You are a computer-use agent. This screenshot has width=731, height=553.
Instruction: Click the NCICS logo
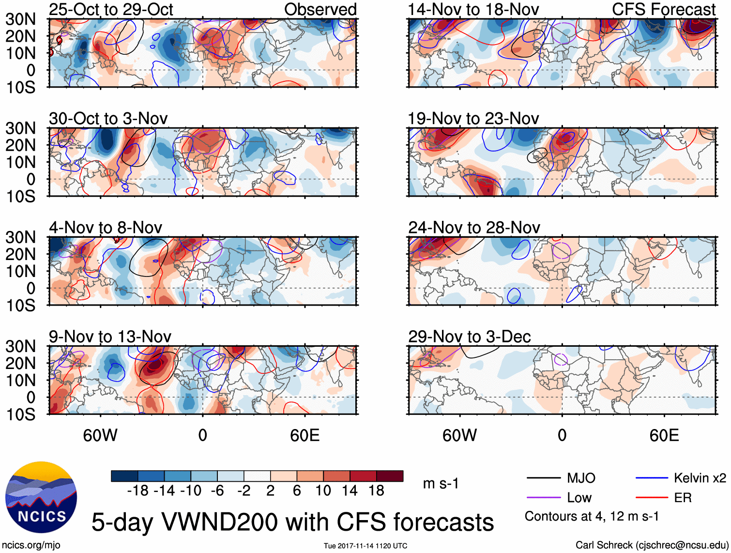point(41,497)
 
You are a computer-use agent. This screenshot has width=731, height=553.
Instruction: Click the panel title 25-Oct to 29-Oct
point(111,9)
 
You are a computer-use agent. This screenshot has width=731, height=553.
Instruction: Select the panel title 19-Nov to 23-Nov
point(473,118)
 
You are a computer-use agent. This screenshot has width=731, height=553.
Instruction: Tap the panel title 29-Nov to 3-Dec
point(469,337)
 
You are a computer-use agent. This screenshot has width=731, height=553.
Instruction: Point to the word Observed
point(320,9)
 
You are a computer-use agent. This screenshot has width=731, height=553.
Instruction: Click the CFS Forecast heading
point(663,9)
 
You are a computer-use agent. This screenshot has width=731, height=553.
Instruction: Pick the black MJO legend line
point(543,478)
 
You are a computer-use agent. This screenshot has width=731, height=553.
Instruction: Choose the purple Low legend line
point(543,497)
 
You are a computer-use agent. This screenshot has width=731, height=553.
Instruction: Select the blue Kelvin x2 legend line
point(652,478)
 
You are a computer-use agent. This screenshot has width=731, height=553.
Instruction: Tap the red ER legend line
point(652,497)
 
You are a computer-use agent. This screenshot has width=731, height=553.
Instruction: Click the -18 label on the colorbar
point(138,491)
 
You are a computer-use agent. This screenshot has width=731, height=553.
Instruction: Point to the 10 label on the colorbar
point(323,491)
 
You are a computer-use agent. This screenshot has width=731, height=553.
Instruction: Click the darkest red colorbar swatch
point(390,476)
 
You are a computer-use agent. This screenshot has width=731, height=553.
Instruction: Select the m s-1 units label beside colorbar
point(441,483)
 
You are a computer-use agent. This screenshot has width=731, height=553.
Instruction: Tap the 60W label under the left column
point(100,435)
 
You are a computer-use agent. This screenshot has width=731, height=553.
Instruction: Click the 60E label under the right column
point(664,435)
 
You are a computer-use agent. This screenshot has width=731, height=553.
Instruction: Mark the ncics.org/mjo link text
point(31,545)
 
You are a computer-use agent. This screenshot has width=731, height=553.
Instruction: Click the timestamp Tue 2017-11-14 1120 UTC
point(365,546)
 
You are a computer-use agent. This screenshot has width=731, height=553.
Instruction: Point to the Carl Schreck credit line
point(652,545)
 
